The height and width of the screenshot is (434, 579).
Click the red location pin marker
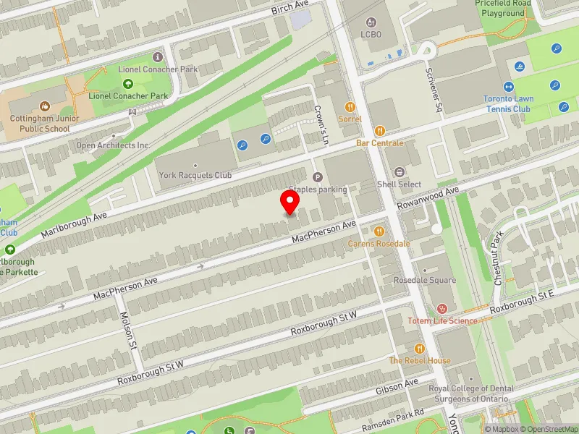[x=290, y=202]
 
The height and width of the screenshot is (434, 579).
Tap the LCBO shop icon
[x=371, y=22]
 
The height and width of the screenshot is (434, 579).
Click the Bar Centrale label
[x=380, y=143]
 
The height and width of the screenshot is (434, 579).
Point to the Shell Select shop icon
[x=400, y=172]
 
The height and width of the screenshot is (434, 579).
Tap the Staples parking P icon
[x=317, y=177]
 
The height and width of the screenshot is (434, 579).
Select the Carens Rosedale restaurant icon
[x=379, y=231]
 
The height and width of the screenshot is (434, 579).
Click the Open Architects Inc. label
[x=114, y=145]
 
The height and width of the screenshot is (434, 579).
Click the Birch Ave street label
[x=290, y=9]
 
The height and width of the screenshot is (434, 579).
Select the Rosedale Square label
[x=425, y=281]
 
